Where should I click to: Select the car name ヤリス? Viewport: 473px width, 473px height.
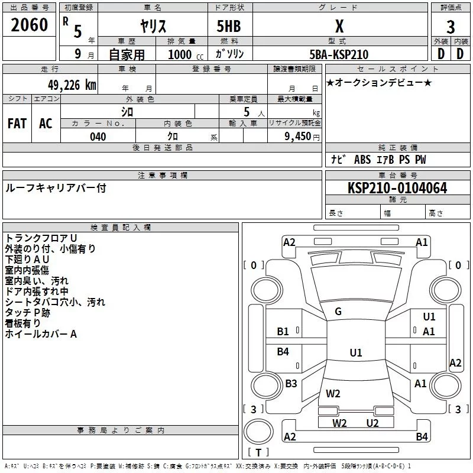[x=153, y=27]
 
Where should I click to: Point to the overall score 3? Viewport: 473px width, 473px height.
[x=451, y=27]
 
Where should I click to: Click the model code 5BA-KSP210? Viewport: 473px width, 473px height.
[x=339, y=54]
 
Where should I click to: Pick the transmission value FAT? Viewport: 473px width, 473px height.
[x=17, y=123]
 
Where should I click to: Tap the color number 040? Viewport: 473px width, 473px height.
[x=98, y=137]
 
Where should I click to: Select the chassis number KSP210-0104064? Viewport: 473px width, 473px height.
[x=397, y=188]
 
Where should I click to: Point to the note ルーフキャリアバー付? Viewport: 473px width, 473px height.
[x=56, y=188]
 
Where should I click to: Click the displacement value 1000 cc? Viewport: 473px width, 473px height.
[x=184, y=54]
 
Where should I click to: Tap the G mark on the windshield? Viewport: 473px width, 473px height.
[x=338, y=312]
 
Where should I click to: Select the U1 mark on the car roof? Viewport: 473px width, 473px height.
[x=355, y=352]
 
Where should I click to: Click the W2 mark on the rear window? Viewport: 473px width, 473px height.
[x=333, y=393]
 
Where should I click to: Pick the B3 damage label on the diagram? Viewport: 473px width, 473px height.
[x=291, y=384]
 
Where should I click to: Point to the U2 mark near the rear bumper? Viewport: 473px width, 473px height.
[x=372, y=423]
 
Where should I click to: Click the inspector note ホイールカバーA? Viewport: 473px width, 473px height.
[x=41, y=334]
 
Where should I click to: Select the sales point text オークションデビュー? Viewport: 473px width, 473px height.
[x=379, y=82]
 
